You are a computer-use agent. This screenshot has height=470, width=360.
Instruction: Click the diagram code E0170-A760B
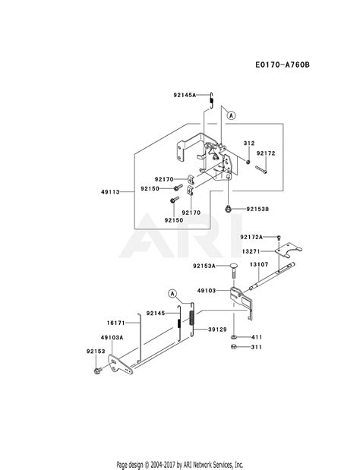coord(283,65)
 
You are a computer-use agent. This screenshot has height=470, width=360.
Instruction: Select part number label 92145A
coord(185,95)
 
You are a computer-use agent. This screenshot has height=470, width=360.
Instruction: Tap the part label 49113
coord(110,192)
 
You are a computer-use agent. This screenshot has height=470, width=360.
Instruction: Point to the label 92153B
coord(257,209)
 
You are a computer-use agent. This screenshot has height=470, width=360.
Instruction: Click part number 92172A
coord(251,237)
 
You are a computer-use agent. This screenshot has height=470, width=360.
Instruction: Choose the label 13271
coord(251,251)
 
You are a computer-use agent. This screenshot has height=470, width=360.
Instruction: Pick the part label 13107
coord(259,264)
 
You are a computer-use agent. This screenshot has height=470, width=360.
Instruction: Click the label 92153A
coord(204,266)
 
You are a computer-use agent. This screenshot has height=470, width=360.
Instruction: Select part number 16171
coord(115,323)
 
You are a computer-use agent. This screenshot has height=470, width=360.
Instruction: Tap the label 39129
coord(218,330)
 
